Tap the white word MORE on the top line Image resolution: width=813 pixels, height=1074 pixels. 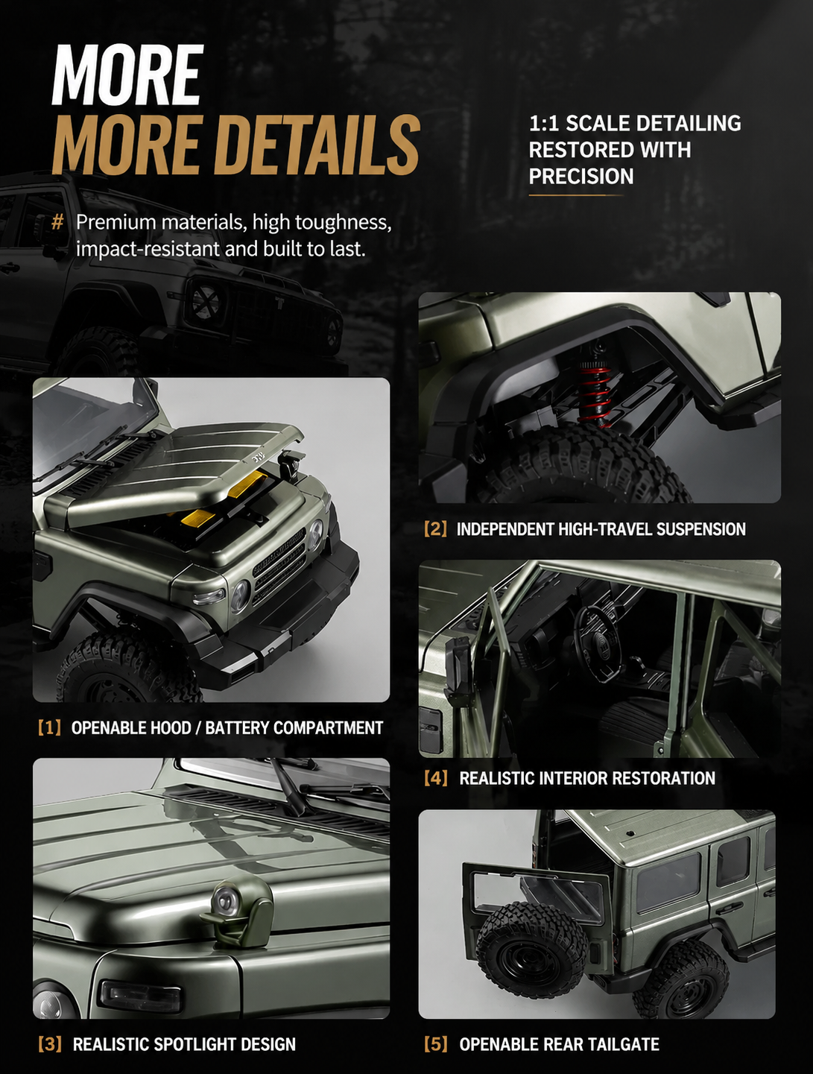[x=127, y=75]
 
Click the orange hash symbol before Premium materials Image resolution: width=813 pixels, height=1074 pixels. [x=57, y=223]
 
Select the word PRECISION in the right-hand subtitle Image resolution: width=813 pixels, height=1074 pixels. [x=581, y=176]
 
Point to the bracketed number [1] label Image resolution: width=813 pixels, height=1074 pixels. [x=49, y=728]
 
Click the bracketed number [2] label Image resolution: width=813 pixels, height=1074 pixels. [x=435, y=529]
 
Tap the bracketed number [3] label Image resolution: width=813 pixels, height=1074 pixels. [x=50, y=1044]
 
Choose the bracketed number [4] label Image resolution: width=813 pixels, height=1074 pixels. [x=436, y=778]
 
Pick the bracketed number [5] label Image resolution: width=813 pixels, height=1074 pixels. [x=436, y=1044]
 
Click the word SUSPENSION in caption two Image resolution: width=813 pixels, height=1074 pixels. [x=701, y=529]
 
